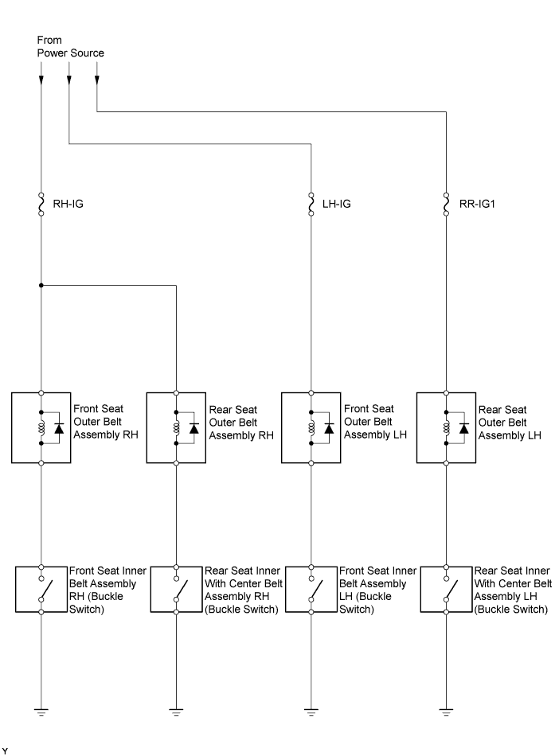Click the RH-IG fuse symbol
point(41,204)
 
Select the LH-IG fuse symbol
point(311,204)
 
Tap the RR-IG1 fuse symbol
point(446,204)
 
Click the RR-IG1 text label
point(477,204)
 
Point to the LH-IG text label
point(336,204)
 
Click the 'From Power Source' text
point(70,46)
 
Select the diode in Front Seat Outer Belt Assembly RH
point(59,427)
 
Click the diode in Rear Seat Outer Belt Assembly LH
point(463,427)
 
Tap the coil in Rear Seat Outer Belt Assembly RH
point(176,427)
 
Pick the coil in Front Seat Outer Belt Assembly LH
point(311,427)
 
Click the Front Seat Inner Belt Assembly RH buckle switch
point(41,589)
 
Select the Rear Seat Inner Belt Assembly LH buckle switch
point(446,589)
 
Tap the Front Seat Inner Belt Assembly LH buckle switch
point(311,589)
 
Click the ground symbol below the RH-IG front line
point(41,712)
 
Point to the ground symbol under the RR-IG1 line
point(446,712)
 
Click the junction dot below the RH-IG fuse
point(41,286)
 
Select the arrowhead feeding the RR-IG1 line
point(97,80)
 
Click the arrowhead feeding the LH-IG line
point(69,80)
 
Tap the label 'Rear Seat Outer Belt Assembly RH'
point(240,423)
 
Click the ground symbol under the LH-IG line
point(311,712)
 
